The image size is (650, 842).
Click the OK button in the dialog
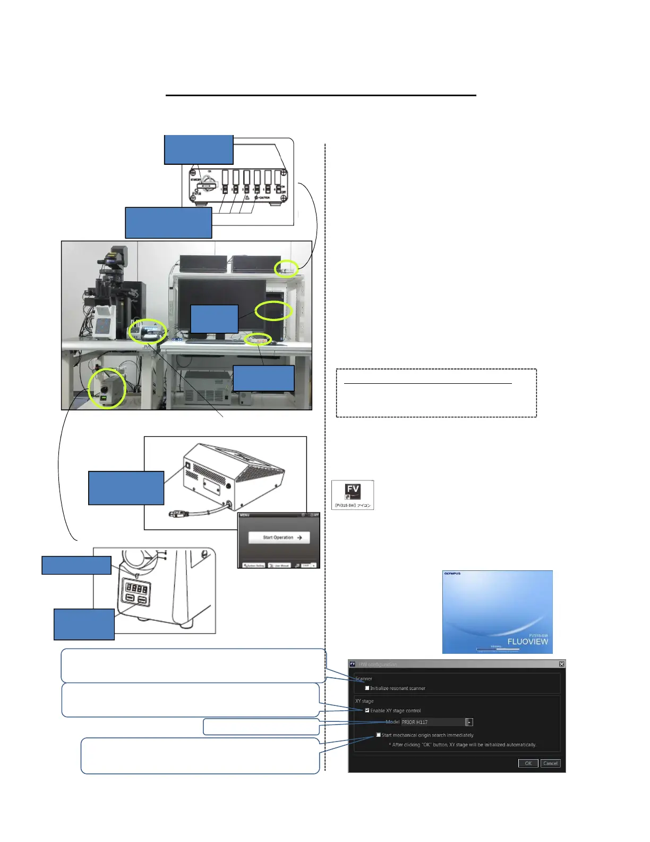(x=528, y=763)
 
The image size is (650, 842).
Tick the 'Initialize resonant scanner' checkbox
(x=367, y=688)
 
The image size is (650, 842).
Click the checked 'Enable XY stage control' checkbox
(x=367, y=710)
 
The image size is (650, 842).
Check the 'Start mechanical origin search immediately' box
(x=378, y=735)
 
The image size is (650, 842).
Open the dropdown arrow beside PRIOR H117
(x=469, y=722)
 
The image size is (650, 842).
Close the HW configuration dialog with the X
(x=561, y=664)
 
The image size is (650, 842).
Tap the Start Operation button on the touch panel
(x=279, y=537)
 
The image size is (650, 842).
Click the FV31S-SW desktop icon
(x=353, y=494)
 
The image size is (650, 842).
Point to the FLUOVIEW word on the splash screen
(x=527, y=642)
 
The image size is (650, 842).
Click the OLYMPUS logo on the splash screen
(x=452, y=574)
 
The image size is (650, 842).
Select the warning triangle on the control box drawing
(x=247, y=197)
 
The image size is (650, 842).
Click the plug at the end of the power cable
(x=177, y=514)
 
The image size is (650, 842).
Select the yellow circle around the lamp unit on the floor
(x=107, y=389)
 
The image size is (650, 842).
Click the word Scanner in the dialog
(x=364, y=678)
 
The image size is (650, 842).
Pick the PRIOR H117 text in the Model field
(x=415, y=722)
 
